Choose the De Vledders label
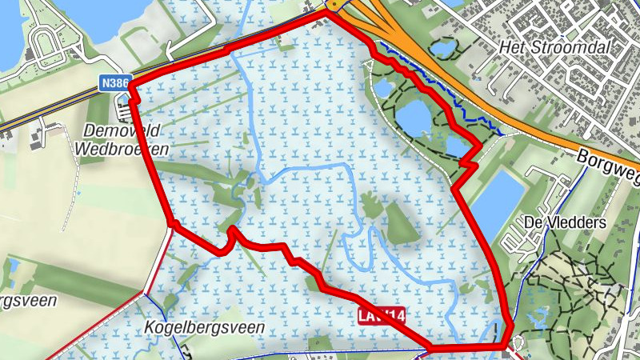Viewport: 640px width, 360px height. [x=565, y=222]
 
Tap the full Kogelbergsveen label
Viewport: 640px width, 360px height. [x=205, y=327]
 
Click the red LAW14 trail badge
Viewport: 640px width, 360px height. [x=382, y=317]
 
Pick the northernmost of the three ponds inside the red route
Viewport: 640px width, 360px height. [x=384, y=86]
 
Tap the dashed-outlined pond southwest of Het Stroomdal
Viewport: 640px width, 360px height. [x=441, y=48]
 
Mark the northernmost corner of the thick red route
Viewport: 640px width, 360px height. [x=326, y=11]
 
